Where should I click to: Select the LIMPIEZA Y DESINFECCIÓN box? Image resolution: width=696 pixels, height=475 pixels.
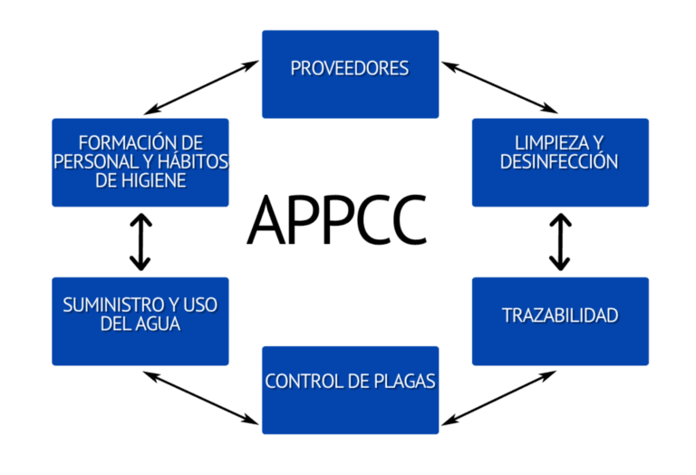[x=560, y=162]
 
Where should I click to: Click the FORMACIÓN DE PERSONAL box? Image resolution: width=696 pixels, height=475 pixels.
[x=140, y=162]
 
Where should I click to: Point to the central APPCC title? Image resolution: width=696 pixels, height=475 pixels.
[x=337, y=218]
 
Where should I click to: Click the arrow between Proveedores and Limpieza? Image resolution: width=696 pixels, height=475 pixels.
[x=499, y=85]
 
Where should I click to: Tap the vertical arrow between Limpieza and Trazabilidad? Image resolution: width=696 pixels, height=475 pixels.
[x=560, y=242]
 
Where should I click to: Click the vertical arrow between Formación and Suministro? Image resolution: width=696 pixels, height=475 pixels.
[x=140, y=242]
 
